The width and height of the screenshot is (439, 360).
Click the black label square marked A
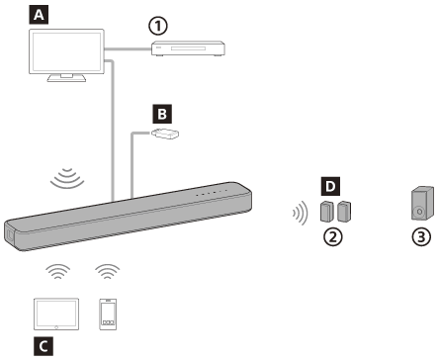pyautogui.click(x=39, y=15)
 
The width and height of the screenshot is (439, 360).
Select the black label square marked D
pyautogui.click(x=331, y=185)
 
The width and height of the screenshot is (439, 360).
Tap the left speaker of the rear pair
pyautogui.click(x=327, y=211)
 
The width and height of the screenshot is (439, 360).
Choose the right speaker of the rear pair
pyautogui.click(x=343, y=211)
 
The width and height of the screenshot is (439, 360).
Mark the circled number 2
pyautogui.click(x=334, y=237)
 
